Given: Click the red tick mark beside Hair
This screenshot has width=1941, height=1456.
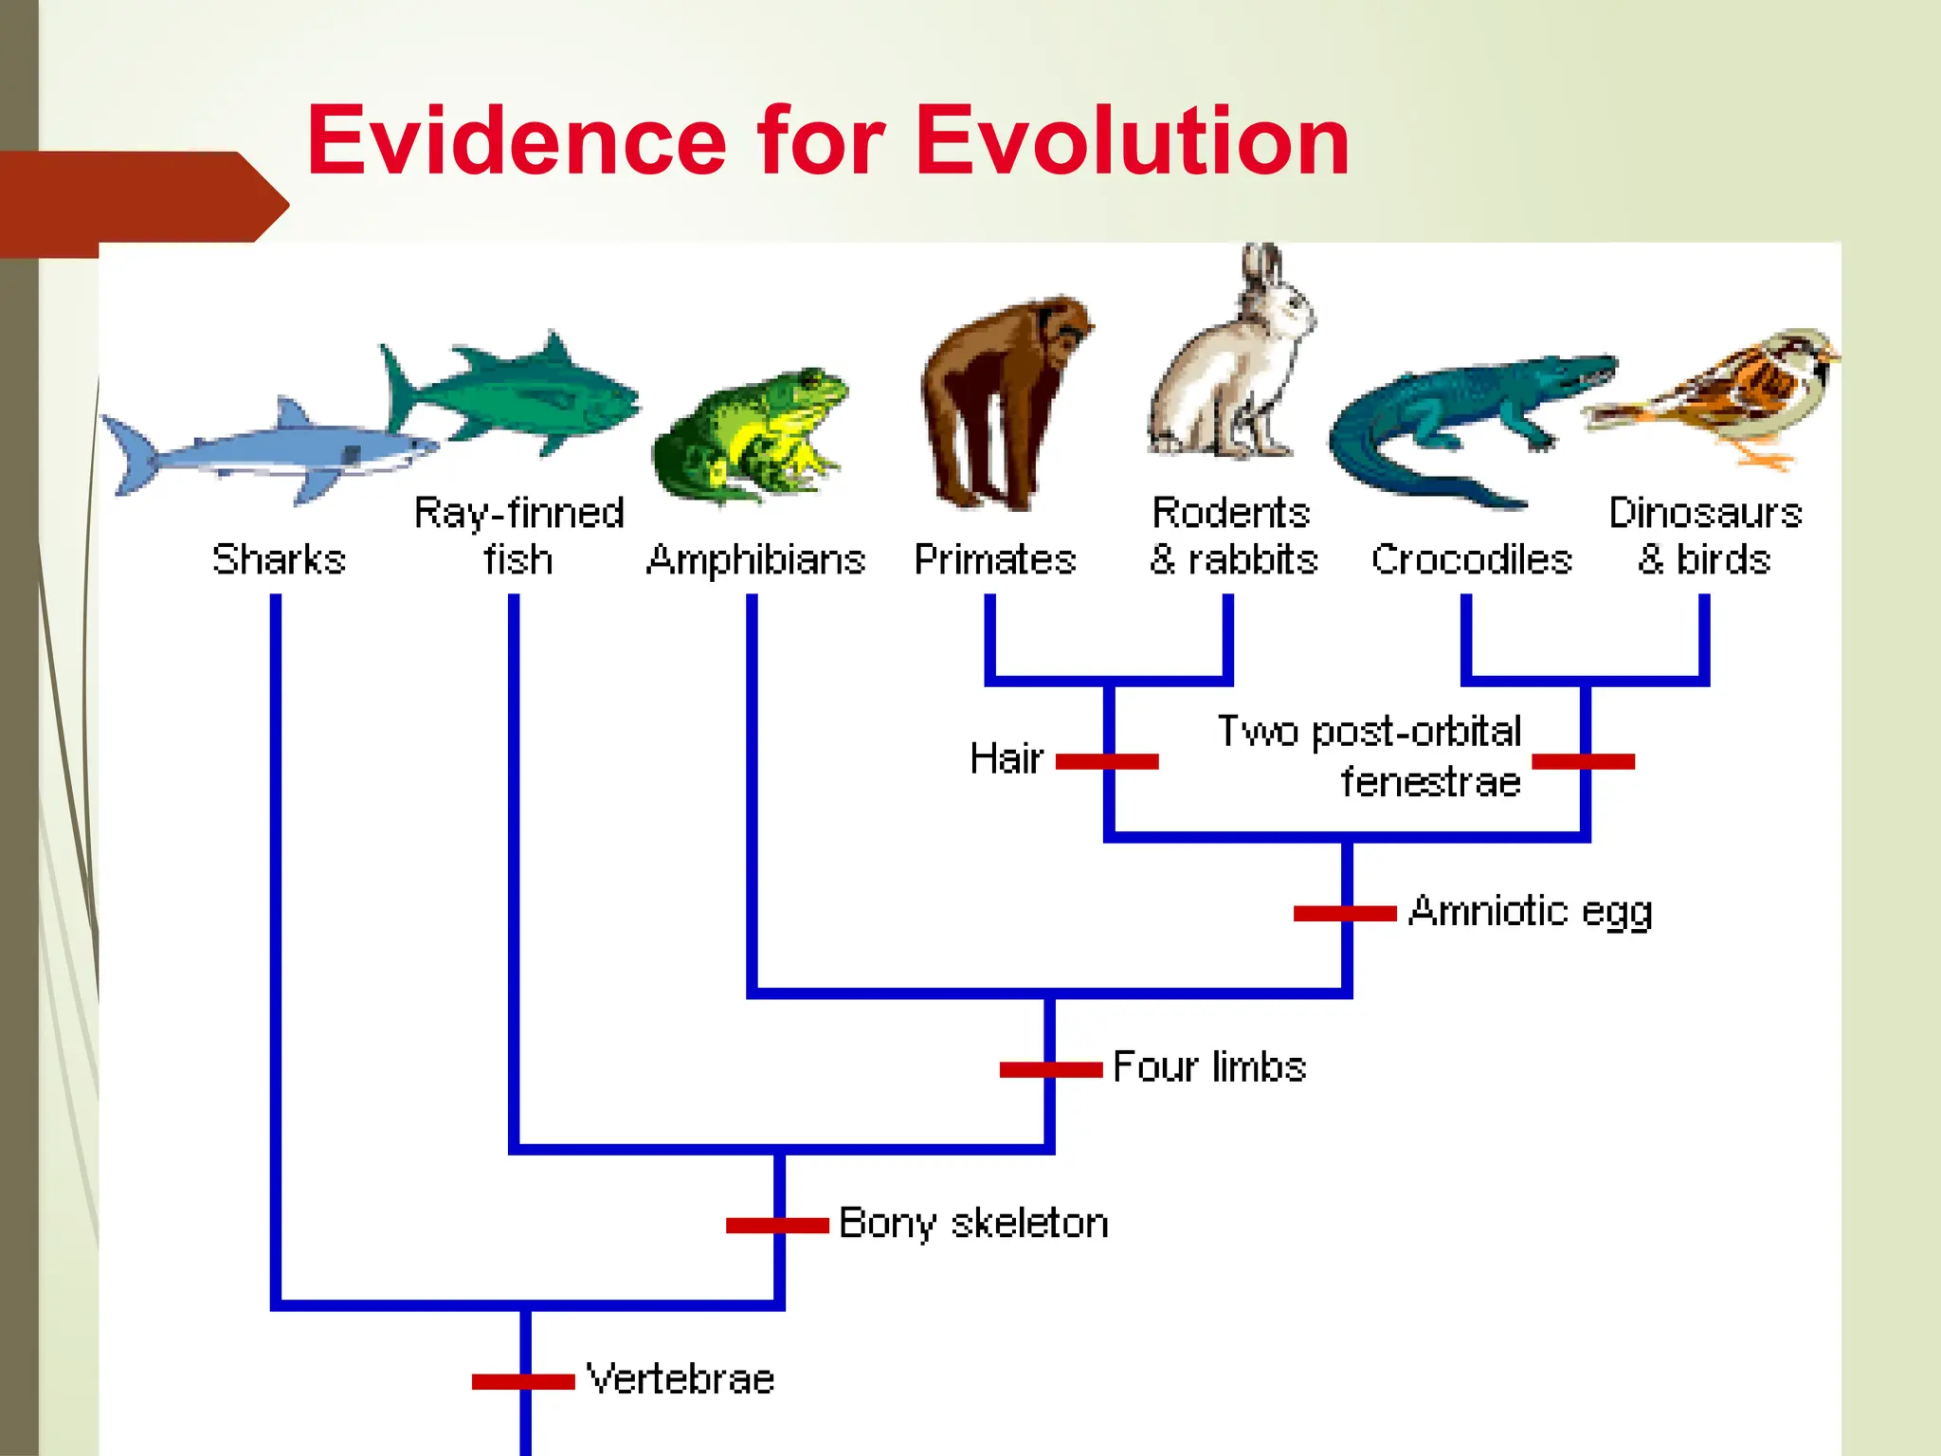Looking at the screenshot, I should pyautogui.click(x=1107, y=761).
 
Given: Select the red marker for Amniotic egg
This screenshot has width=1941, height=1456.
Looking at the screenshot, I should pyautogui.click(x=1345, y=914).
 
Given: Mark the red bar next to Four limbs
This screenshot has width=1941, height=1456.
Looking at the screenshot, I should pyautogui.click(x=1050, y=1070).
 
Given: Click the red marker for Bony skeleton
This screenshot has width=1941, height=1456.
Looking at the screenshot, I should pyautogui.click(x=777, y=1226).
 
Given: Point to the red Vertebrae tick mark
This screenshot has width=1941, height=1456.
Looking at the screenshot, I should pyautogui.click(x=523, y=1382).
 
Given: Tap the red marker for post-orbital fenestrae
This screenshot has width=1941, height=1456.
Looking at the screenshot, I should pyautogui.click(x=1583, y=761).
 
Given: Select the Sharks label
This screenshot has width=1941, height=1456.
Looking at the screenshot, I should pyautogui.click(x=279, y=559).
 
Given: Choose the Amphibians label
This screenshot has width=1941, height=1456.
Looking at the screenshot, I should pyautogui.click(x=755, y=559).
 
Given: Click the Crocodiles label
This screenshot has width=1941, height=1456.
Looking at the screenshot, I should pyautogui.click(x=1471, y=559).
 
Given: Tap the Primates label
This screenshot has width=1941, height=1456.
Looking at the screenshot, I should pyautogui.click(x=995, y=559).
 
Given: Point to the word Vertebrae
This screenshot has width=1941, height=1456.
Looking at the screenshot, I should pyautogui.click(x=680, y=1379).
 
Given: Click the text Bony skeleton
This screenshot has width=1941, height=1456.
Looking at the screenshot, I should pyautogui.click(x=973, y=1224).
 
